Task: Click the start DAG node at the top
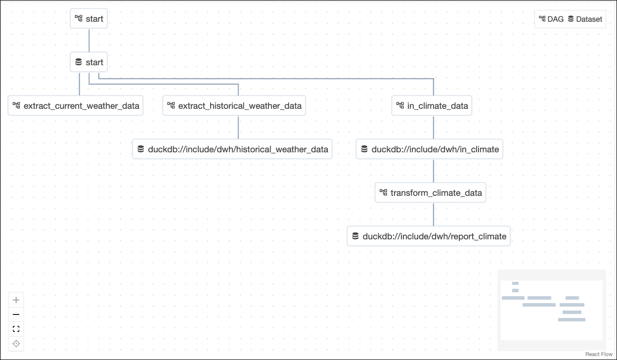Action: [x=89, y=19]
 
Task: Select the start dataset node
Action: [x=89, y=62]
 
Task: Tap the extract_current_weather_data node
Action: [x=76, y=106]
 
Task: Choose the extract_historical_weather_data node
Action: [x=234, y=106]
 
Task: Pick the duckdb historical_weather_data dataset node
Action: [x=232, y=149]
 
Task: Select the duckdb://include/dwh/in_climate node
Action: [x=430, y=149]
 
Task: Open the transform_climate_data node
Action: [x=431, y=193]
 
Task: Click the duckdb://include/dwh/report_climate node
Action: [x=429, y=236]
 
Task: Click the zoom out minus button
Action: [x=16, y=315]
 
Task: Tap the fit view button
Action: [x=16, y=329]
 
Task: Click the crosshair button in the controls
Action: [x=16, y=344]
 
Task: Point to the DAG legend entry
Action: [x=551, y=19]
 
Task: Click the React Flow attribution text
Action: [x=599, y=354]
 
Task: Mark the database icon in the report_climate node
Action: [x=355, y=236]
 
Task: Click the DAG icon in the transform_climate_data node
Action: [x=383, y=192]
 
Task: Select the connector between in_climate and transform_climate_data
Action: [x=434, y=171]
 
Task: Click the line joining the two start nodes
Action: [x=89, y=41]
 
